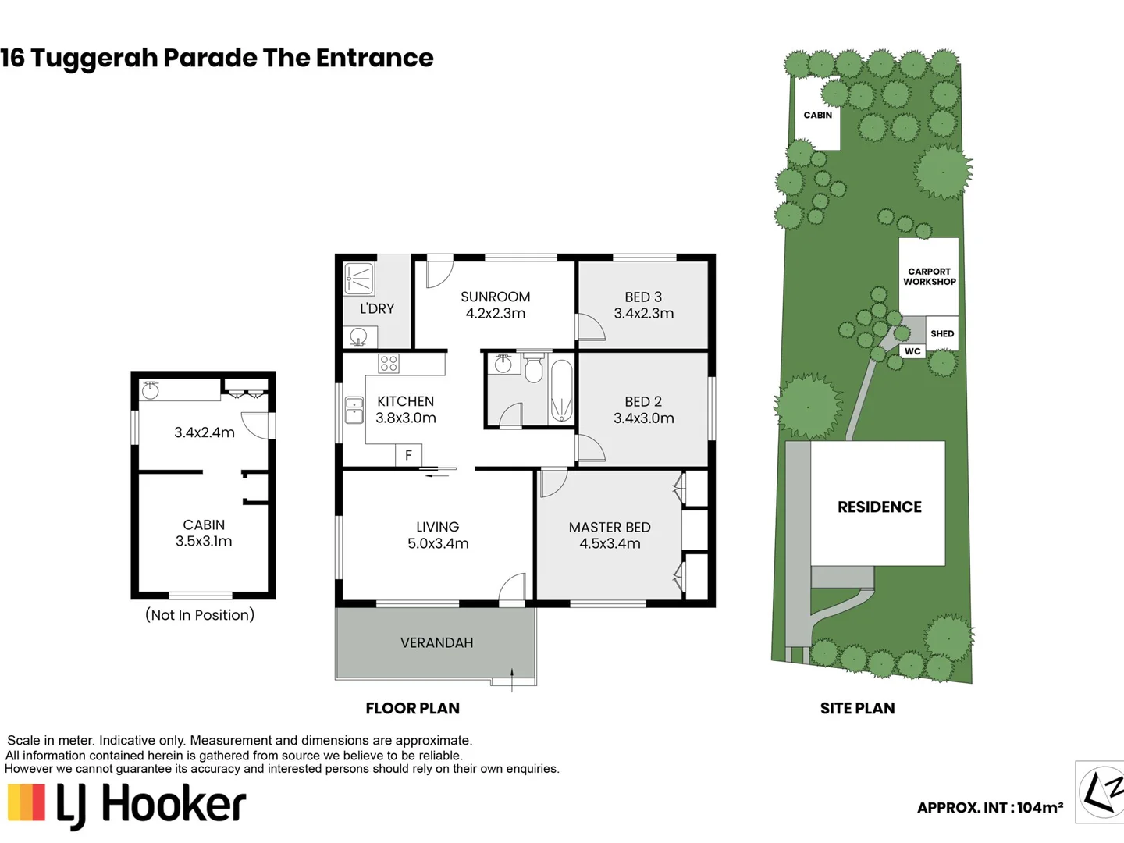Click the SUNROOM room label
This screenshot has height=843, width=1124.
[x=495, y=297]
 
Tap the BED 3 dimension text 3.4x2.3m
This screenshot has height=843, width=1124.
[x=643, y=314]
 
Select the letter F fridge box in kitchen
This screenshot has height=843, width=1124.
[x=408, y=455]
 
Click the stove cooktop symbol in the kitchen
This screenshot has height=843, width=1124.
[x=389, y=363]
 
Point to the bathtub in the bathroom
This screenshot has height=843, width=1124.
[x=561, y=391]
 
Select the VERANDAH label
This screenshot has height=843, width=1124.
[x=436, y=643]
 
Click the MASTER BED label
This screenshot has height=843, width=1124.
[x=610, y=528]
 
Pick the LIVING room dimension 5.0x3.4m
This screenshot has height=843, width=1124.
[x=438, y=544]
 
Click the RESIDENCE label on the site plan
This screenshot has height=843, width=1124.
[x=879, y=507]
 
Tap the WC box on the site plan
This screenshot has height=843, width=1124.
[x=912, y=351]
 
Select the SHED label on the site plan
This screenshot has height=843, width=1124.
[x=942, y=333]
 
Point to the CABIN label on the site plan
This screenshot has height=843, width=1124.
[x=817, y=116]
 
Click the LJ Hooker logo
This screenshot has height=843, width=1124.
[x=127, y=804]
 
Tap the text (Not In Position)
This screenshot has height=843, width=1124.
[x=200, y=615]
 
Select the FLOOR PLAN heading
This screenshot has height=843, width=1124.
[x=412, y=709]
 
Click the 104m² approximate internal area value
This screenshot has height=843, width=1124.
[x=1040, y=808]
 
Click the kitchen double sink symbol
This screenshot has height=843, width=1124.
[x=354, y=410]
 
